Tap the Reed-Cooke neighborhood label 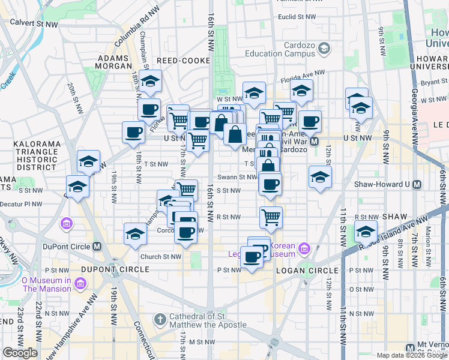[x=181, y=61]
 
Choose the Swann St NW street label [x=237, y=177]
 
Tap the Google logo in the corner [x=20, y=352]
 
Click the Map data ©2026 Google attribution [x=412, y=355]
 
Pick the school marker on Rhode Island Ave [x=366, y=232]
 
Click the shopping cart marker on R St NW [x=271, y=218]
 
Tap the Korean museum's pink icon [x=304, y=248]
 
